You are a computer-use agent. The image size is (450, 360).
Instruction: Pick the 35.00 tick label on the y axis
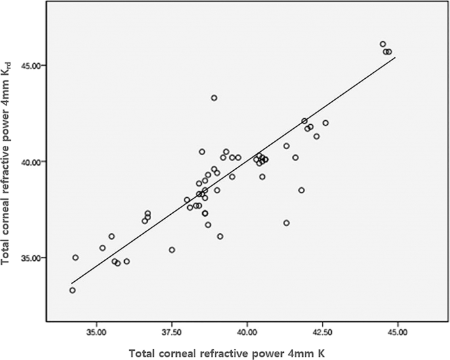pos(32,258)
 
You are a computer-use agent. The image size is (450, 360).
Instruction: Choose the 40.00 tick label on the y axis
pos(32,162)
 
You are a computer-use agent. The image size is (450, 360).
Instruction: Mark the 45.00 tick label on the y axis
pos(32,66)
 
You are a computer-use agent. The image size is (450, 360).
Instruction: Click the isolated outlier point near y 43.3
pos(214,98)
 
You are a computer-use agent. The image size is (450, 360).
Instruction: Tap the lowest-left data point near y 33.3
pos(72,290)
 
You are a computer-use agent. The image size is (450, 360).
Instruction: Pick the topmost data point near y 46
pos(383,44)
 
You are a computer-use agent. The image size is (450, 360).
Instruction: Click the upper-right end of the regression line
pos(395,57)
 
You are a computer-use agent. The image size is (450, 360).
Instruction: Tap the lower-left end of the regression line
pos(72,283)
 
